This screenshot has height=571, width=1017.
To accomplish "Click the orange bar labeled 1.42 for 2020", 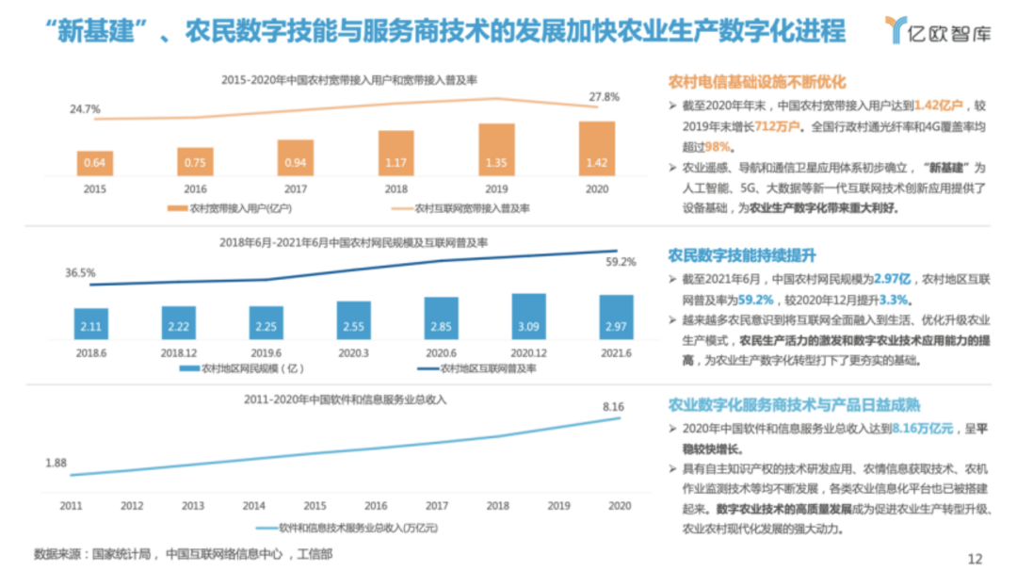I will point(590,149).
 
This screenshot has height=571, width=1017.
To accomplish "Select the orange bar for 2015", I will point(94,163).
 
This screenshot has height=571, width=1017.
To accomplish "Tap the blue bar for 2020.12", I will point(528,317).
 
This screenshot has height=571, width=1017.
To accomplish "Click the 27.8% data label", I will point(604,97).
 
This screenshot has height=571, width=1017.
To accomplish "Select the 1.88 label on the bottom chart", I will point(56,462).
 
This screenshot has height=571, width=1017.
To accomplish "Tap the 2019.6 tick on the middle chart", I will point(266,352).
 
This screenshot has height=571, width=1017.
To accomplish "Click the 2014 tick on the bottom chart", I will point(253,506).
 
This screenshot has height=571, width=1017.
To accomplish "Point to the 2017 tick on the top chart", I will point(295,188).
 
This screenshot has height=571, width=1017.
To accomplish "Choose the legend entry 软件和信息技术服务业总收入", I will point(354,528).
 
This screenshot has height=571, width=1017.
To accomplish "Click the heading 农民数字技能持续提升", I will point(741,255).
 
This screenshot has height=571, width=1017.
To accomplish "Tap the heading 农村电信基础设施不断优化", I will point(757,82).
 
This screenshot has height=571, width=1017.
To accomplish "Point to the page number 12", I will point(975,557).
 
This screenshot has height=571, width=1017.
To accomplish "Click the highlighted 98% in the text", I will point(718,147).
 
